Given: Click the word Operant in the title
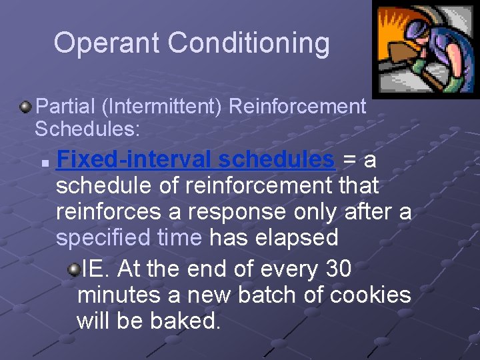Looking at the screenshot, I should tap(107, 43).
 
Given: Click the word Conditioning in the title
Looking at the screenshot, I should tap(249, 43).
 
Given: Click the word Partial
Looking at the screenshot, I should tap(69, 107).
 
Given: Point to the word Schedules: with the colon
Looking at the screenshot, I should tap(87, 129).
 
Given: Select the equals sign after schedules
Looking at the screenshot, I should tap(349, 160).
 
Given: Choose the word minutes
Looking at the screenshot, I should tap(118, 295).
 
